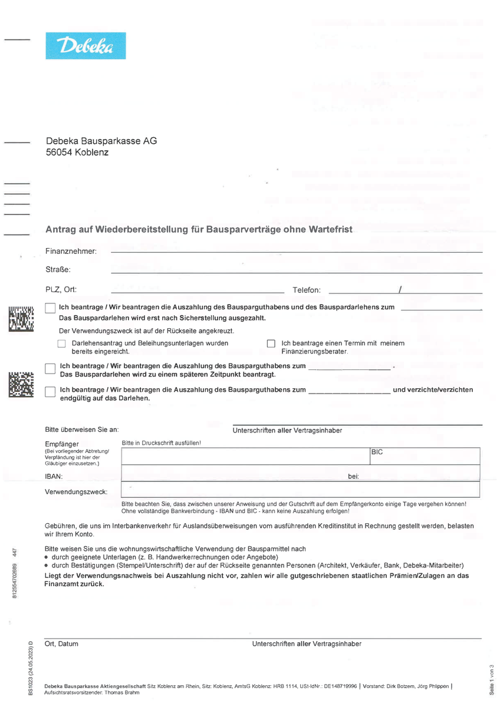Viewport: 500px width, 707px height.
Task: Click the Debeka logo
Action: (x=85, y=46)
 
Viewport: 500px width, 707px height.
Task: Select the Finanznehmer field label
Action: (x=71, y=252)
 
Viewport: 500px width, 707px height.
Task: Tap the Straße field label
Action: (x=58, y=270)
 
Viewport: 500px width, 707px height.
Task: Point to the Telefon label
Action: (x=307, y=290)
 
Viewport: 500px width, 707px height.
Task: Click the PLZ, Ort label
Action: (x=61, y=289)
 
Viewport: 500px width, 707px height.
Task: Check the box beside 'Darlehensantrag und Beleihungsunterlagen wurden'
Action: (x=61, y=343)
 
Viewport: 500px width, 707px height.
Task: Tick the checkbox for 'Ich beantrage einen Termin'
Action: (x=271, y=343)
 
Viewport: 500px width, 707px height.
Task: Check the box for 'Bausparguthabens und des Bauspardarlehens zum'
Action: (x=50, y=308)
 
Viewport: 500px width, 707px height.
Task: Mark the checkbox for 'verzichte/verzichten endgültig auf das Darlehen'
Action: (x=50, y=392)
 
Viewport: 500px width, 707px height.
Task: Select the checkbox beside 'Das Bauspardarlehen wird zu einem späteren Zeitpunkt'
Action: (x=50, y=369)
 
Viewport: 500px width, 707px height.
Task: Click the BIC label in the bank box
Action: (x=377, y=452)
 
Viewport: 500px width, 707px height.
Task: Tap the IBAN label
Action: (x=54, y=476)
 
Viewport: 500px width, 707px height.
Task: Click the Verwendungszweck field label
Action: (x=76, y=492)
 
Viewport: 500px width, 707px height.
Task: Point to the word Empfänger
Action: (x=61, y=444)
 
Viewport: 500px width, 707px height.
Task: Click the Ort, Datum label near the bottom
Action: (x=61, y=644)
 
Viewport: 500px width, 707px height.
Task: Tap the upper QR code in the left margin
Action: (x=21, y=318)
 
